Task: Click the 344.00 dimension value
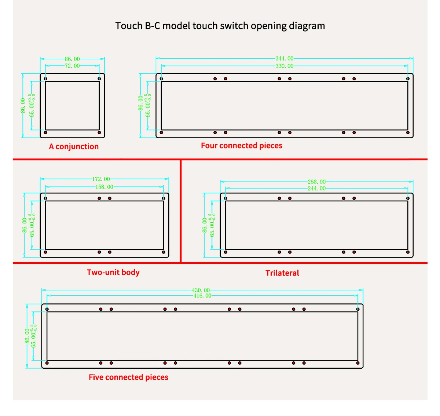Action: [x=285, y=58]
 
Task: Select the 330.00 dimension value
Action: [x=285, y=66]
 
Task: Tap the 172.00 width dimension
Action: [x=101, y=179]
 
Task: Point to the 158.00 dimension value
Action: [x=104, y=187]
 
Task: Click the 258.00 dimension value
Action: [x=316, y=182]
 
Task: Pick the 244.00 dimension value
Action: [x=316, y=189]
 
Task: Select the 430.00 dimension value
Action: [x=201, y=290]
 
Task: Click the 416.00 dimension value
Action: [x=202, y=296]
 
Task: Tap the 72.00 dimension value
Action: [x=72, y=66]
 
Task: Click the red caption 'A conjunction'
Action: [x=74, y=147]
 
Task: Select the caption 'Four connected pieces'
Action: [x=242, y=146]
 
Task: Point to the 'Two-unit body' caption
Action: [x=113, y=272]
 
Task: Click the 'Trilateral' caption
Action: [x=282, y=273]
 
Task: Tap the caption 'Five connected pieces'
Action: [x=128, y=377]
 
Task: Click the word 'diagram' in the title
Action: [x=307, y=26]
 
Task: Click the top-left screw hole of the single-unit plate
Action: [x=45, y=79]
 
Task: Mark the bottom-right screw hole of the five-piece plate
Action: [x=358, y=363]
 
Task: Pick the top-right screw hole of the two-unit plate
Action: [x=164, y=198]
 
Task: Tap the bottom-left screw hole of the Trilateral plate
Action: [x=225, y=252]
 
